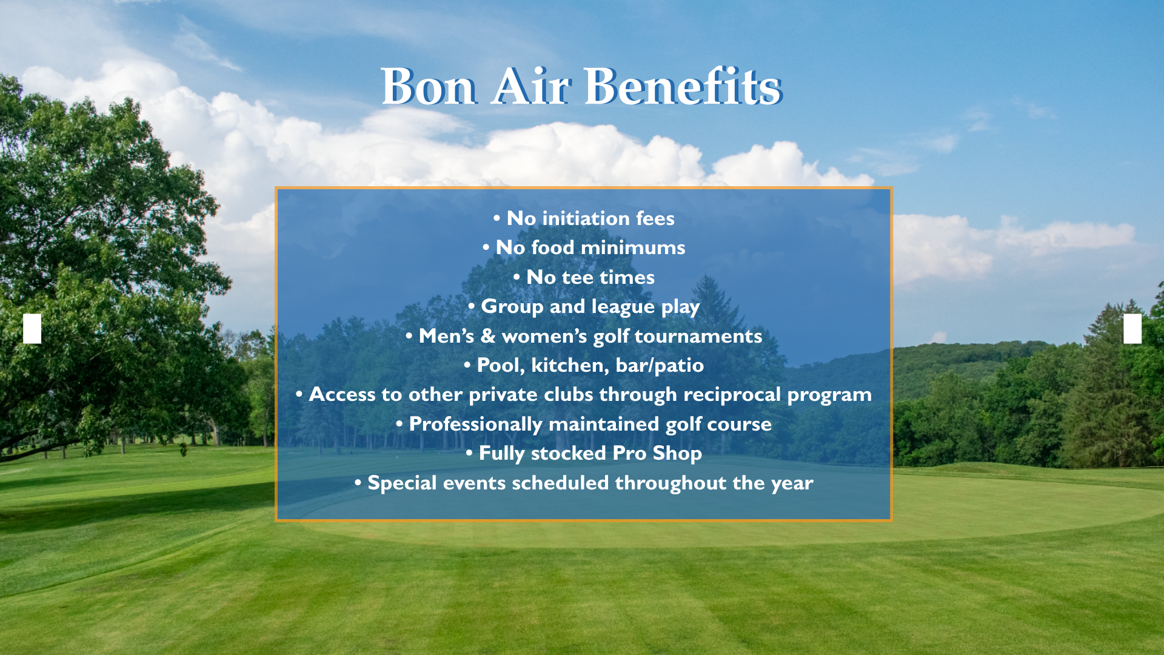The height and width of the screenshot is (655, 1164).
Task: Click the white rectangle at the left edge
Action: (32, 329)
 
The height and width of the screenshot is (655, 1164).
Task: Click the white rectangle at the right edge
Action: (1132, 329)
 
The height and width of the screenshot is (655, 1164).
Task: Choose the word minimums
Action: (633, 247)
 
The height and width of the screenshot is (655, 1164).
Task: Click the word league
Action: (623, 307)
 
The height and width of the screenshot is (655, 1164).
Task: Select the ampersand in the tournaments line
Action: (488, 336)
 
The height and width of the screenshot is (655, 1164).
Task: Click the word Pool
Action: (501, 365)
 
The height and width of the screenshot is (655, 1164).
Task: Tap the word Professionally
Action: (476, 424)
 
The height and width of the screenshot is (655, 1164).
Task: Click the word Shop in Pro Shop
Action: (677, 453)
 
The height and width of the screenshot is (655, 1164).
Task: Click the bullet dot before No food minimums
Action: (486, 247)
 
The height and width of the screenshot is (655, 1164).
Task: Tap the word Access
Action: (342, 394)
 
